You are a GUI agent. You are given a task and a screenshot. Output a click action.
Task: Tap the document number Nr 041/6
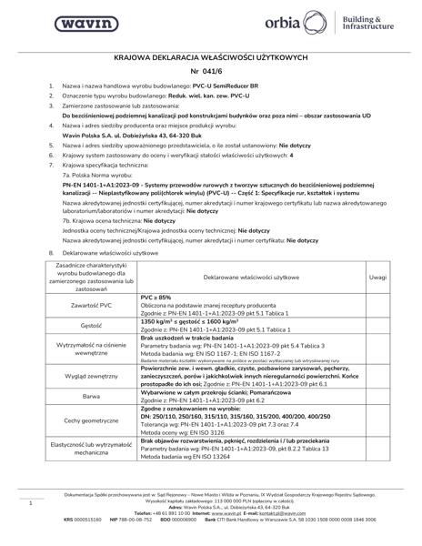coord(210,69)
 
